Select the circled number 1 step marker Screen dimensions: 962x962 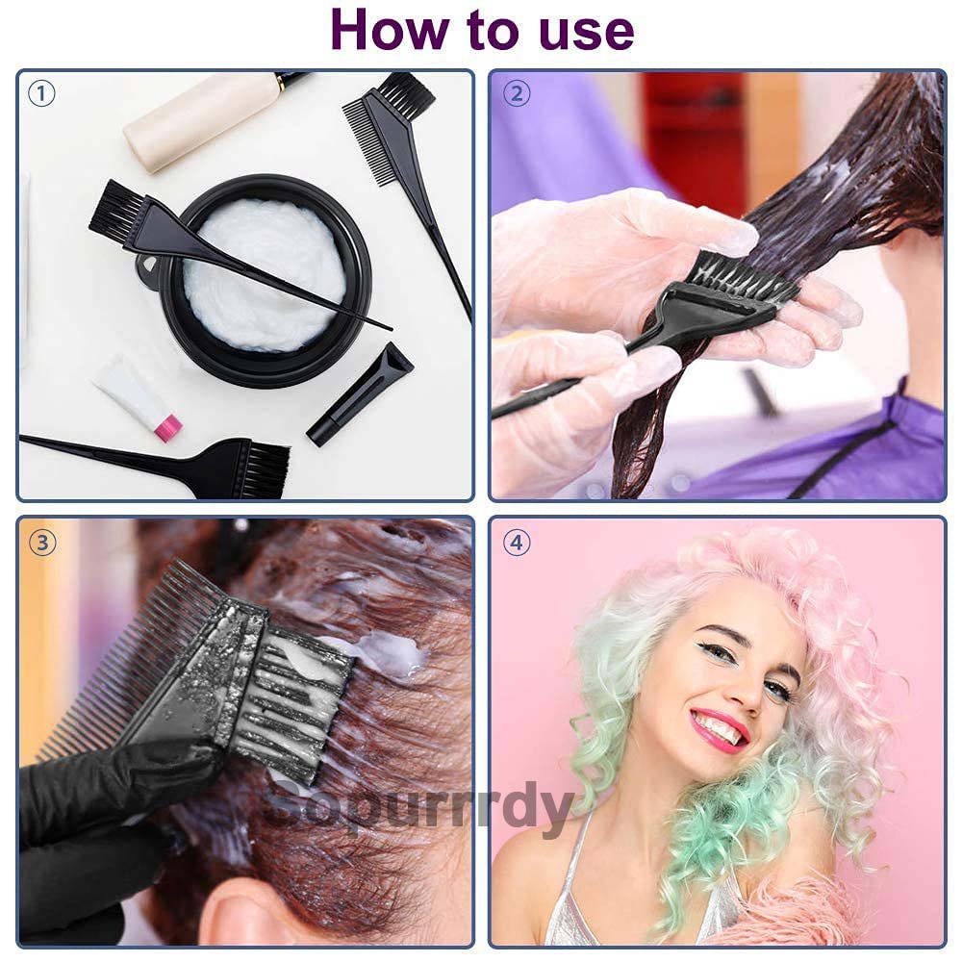pyautogui.click(x=41, y=94)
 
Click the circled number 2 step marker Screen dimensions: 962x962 pyautogui.click(x=517, y=94)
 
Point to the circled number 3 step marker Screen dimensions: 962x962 pyautogui.click(x=41, y=543)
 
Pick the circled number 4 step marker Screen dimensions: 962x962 pyautogui.click(x=517, y=543)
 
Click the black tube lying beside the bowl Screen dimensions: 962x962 pyautogui.click(x=359, y=394)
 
